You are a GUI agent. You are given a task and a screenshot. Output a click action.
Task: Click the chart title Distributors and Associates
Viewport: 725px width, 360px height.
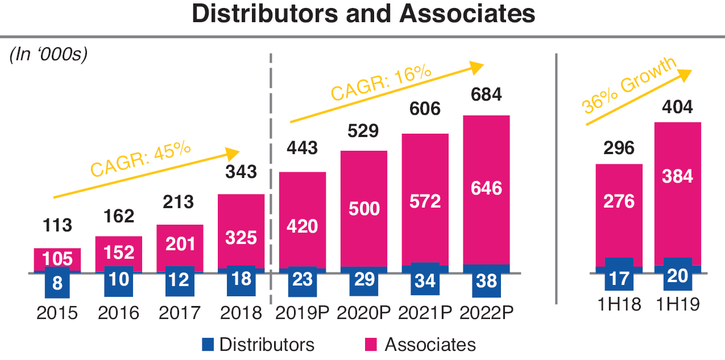tap(363, 14)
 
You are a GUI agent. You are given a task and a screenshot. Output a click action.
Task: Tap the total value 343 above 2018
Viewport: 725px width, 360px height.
tap(241, 171)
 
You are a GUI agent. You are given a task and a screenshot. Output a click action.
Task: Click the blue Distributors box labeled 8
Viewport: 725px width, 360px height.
tap(57, 283)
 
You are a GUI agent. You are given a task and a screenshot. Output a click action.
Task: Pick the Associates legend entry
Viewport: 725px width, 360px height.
tap(420, 344)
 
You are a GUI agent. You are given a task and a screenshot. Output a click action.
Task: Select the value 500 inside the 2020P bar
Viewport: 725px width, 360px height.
tap(363, 209)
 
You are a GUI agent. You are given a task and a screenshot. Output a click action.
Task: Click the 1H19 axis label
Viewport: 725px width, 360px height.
tap(677, 305)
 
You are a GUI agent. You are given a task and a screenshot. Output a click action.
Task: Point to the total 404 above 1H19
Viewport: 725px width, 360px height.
tap(677, 106)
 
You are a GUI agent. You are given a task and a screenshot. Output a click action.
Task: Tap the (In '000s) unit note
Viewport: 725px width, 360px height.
tap(48, 55)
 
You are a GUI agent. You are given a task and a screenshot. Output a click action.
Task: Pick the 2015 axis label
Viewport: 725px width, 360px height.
tap(57, 313)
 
